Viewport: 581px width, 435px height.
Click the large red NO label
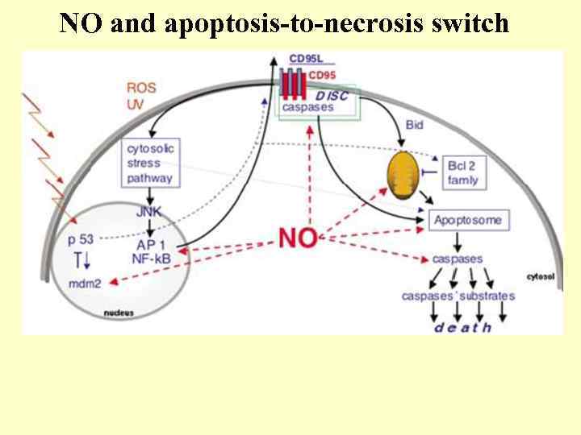click(x=297, y=238)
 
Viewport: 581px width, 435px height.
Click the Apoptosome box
click(x=467, y=220)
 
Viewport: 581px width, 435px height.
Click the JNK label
click(x=149, y=213)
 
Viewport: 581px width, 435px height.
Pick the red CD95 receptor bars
click(x=294, y=83)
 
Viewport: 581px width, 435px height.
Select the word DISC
click(x=332, y=95)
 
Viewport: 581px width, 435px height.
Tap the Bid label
click(x=415, y=125)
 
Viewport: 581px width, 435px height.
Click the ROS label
click(x=141, y=87)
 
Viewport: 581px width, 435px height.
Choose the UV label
click(x=135, y=103)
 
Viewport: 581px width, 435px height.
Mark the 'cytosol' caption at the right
click(x=540, y=276)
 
